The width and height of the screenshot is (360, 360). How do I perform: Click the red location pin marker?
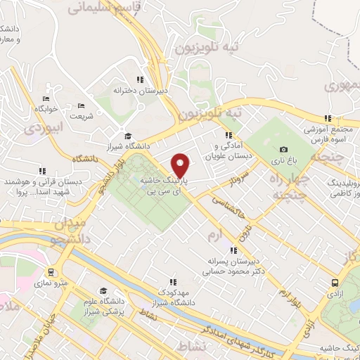[x=181, y=166]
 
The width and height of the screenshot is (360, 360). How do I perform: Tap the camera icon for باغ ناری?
[x=283, y=149]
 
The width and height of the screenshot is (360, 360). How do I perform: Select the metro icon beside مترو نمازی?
[x=51, y=272]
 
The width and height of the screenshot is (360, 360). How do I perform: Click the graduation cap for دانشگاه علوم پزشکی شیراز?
[x=103, y=291]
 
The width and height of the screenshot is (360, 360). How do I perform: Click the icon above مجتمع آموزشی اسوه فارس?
[x=327, y=118]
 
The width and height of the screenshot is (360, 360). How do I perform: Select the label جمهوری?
[x=342, y=86]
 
